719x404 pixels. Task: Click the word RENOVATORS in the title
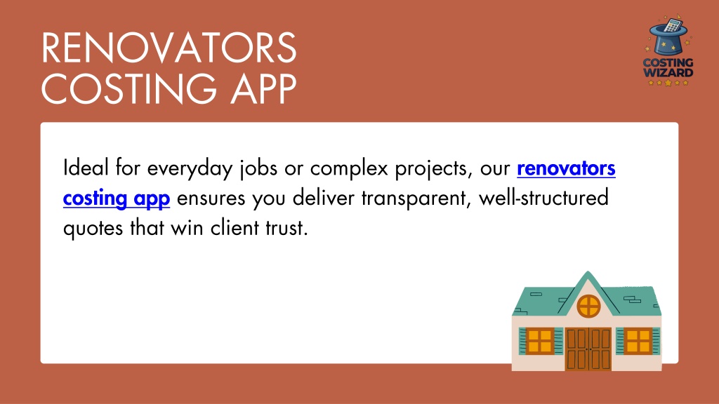pos(169,48)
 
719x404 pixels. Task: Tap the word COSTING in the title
pos(129,88)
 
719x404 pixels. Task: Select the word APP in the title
pos(264,88)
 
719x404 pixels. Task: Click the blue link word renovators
pos(566,168)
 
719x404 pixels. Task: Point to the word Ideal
pos(86,167)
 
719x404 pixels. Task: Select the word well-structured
pos(543,197)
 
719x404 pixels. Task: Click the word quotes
pos(93,229)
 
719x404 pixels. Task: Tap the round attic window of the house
pos(588,306)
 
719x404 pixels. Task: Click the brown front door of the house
pos(588,349)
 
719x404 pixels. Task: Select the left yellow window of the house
pos(540,341)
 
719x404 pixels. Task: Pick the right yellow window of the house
pos(638,342)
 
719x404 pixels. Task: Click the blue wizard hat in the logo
pos(668,39)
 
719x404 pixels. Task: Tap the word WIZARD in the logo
pos(668,72)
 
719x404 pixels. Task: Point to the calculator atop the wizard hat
pos(673,25)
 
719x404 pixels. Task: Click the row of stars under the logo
pos(668,83)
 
